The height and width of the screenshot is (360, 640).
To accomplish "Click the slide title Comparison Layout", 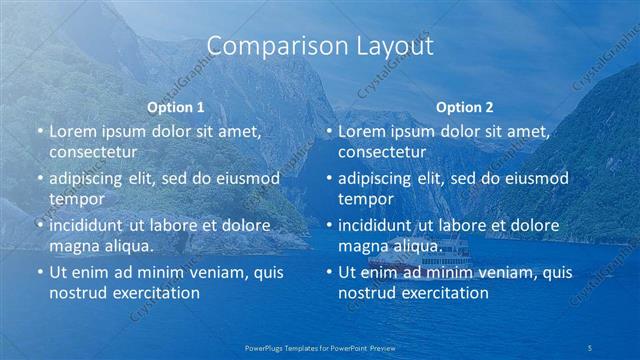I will pos(320,47).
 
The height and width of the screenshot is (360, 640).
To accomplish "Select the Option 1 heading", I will pos(176,107).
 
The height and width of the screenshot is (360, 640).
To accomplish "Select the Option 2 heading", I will pos(464,107).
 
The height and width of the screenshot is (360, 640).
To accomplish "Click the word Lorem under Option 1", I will pos(71,131).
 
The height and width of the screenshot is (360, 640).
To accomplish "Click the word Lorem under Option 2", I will pos(360,131).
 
